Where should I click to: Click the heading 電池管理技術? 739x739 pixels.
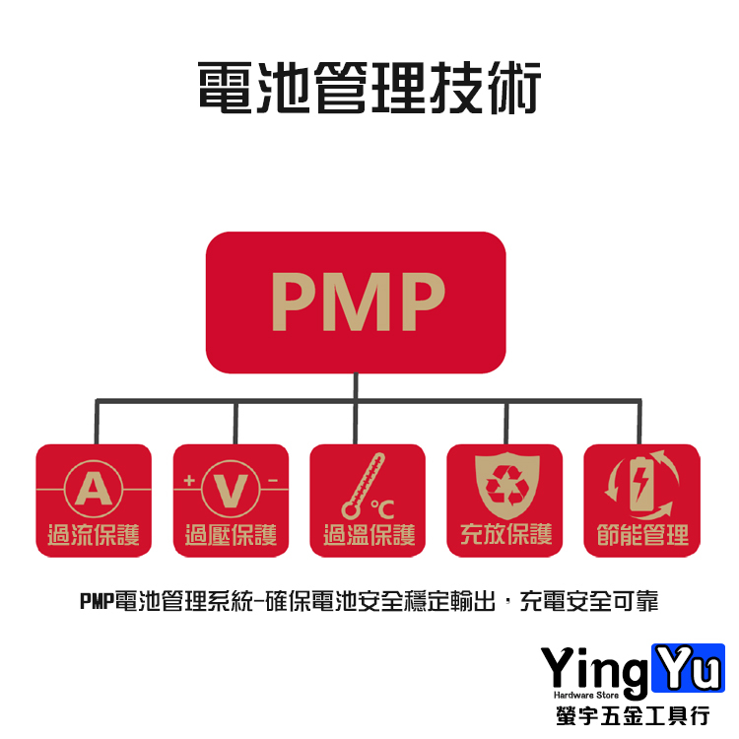369,88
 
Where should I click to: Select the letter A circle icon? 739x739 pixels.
93,488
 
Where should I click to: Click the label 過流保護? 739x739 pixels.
94,535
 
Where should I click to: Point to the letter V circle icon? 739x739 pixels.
231,488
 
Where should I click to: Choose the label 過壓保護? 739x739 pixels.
231,535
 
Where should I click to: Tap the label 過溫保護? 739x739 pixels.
369,535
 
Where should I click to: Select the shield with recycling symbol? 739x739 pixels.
504,487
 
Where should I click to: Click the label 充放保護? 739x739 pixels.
504,535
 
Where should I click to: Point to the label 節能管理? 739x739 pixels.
641,535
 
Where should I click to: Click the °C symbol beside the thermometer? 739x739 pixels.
383,508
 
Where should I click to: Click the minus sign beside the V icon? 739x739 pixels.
271,481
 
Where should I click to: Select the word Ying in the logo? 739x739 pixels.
595,673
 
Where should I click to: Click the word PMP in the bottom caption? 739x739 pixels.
97,601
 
